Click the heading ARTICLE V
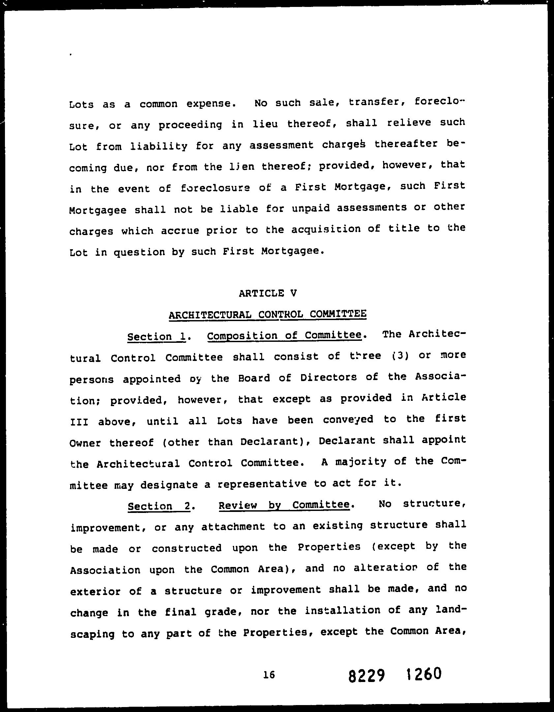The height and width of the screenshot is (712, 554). click(268, 293)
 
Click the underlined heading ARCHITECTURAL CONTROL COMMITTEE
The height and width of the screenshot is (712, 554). click(267, 314)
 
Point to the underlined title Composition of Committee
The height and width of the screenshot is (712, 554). click(284, 335)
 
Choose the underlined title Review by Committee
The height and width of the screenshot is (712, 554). click(284, 505)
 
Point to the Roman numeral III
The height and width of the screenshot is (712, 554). click(79, 422)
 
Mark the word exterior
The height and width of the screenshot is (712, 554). click(95, 591)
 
